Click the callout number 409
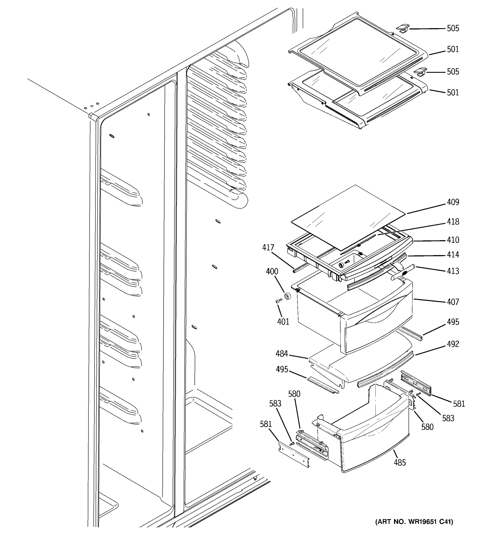[453, 202]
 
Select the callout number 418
[453, 222]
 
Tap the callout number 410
[453, 240]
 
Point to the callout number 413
[453, 271]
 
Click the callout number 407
[453, 302]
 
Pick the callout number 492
[453, 344]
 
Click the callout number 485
[400, 463]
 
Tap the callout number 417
[268, 247]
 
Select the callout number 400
[272, 272]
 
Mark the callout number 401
[283, 322]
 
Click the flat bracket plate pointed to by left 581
[294, 456]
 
